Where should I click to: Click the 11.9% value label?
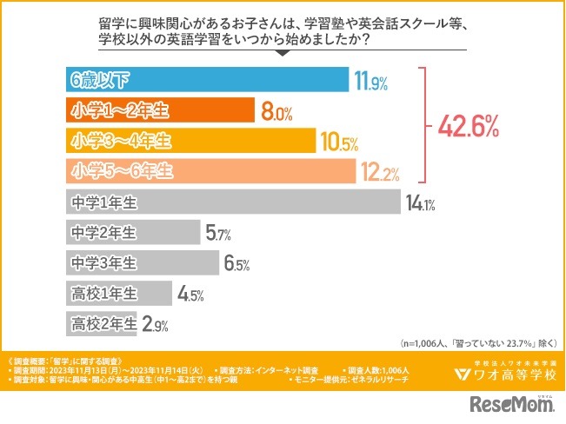[370, 82]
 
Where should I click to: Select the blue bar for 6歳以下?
[207, 81]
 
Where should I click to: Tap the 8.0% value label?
[275, 111]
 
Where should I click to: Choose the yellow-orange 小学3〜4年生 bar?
[190, 141]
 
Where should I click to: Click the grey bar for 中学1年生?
[233, 202]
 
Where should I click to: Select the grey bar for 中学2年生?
[132, 233]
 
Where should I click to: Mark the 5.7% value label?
[192, 234]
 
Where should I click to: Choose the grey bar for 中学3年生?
[143, 263]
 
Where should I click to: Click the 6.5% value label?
[237, 264]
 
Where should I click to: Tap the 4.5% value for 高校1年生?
[190, 295]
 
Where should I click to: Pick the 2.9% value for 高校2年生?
[154, 325]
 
